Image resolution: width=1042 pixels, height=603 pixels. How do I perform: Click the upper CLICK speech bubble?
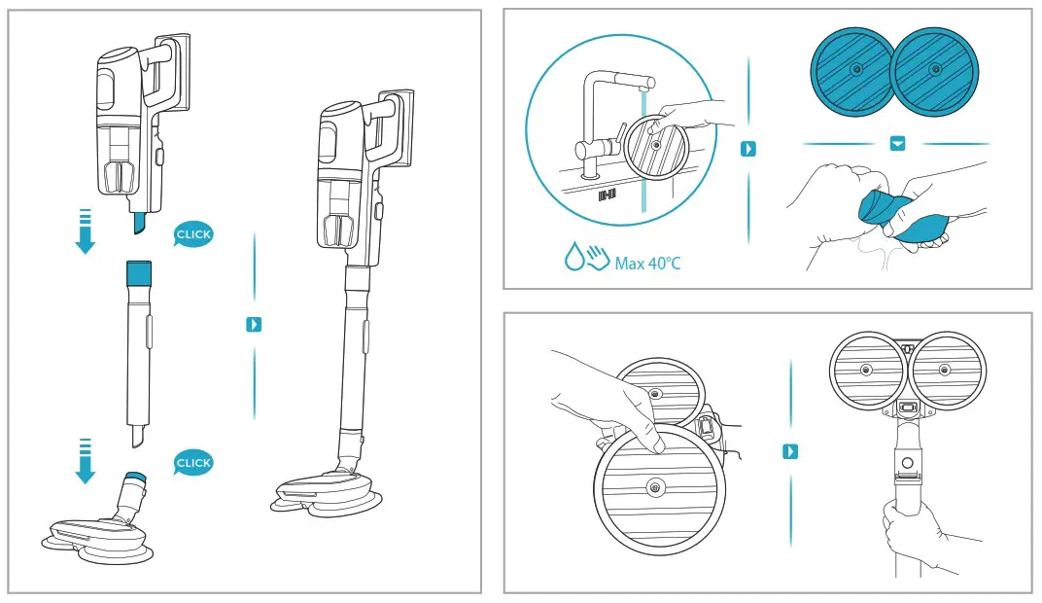click(x=192, y=234)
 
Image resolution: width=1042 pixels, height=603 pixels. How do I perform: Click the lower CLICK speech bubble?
click(x=192, y=463)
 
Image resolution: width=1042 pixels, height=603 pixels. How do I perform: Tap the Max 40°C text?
click(x=648, y=263)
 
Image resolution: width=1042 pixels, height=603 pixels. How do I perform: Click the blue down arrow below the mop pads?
click(x=897, y=144)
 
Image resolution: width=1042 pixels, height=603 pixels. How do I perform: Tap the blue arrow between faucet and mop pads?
click(x=747, y=150)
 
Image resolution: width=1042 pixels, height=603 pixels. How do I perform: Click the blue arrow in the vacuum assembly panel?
click(x=254, y=324)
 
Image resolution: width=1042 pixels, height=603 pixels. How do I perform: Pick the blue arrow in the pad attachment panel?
click(x=790, y=451)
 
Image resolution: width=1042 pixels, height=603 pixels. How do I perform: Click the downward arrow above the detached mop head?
click(x=86, y=461)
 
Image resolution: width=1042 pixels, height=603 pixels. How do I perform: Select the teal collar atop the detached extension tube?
click(x=139, y=271)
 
